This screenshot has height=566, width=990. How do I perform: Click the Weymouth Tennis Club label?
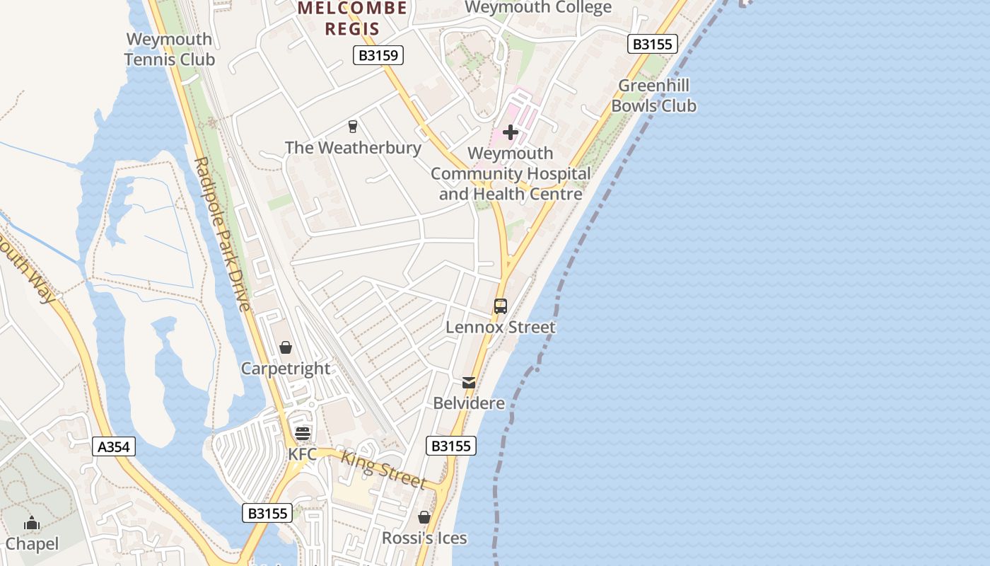(x=169, y=49)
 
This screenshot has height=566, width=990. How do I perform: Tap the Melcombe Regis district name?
(x=352, y=18)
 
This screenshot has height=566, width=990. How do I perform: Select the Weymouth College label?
(x=538, y=8)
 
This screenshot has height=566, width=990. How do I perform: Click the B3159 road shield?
(x=378, y=55)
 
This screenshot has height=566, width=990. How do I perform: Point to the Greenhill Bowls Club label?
(x=653, y=96)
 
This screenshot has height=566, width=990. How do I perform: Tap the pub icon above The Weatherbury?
(x=352, y=127)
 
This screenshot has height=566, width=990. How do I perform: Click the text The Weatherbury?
(x=353, y=148)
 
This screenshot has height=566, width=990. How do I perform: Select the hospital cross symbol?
(x=511, y=132)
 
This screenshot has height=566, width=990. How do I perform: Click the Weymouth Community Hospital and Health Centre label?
(x=511, y=173)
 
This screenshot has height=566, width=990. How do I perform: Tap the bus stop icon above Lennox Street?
(x=501, y=306)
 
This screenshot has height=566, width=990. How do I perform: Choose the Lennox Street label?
(x=501, y=328)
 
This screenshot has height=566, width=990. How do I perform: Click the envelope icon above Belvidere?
(x=469, y=383)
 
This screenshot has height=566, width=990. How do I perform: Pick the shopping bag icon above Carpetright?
(x=286, y=347)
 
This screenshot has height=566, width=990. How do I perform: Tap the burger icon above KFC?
(x=303, y=433)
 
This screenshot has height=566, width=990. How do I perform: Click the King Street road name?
(x=383, y=469)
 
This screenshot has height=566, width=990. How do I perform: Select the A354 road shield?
(x=114, y=447)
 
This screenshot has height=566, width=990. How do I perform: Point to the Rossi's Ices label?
(x=424, y=538)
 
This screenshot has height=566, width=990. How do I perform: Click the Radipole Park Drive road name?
(x=222, y=234)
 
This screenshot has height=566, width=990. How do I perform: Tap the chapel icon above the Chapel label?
(x=32, y=524)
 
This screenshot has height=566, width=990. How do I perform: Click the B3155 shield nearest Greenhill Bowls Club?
(x=652, y=44)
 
